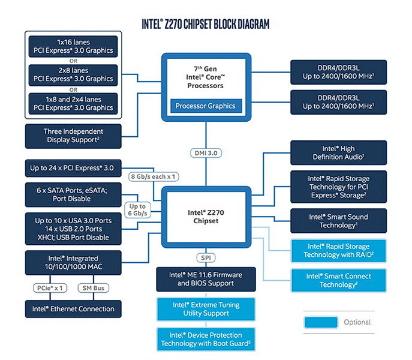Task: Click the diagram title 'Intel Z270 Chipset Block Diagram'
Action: coord(205,24)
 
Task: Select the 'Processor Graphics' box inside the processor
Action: coord(205,106)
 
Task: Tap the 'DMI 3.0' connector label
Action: coord(206,153)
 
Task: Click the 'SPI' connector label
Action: coord(205,257)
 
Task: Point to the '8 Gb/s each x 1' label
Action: coord(157,176)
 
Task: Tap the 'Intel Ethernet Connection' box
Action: coord(70,308)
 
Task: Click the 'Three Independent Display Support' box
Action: coord(73,136)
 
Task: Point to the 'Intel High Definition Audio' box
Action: coord(338,152)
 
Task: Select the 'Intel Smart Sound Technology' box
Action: coord(338,221)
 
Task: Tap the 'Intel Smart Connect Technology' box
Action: coord(338,280)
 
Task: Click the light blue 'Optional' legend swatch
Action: coord(320,322)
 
